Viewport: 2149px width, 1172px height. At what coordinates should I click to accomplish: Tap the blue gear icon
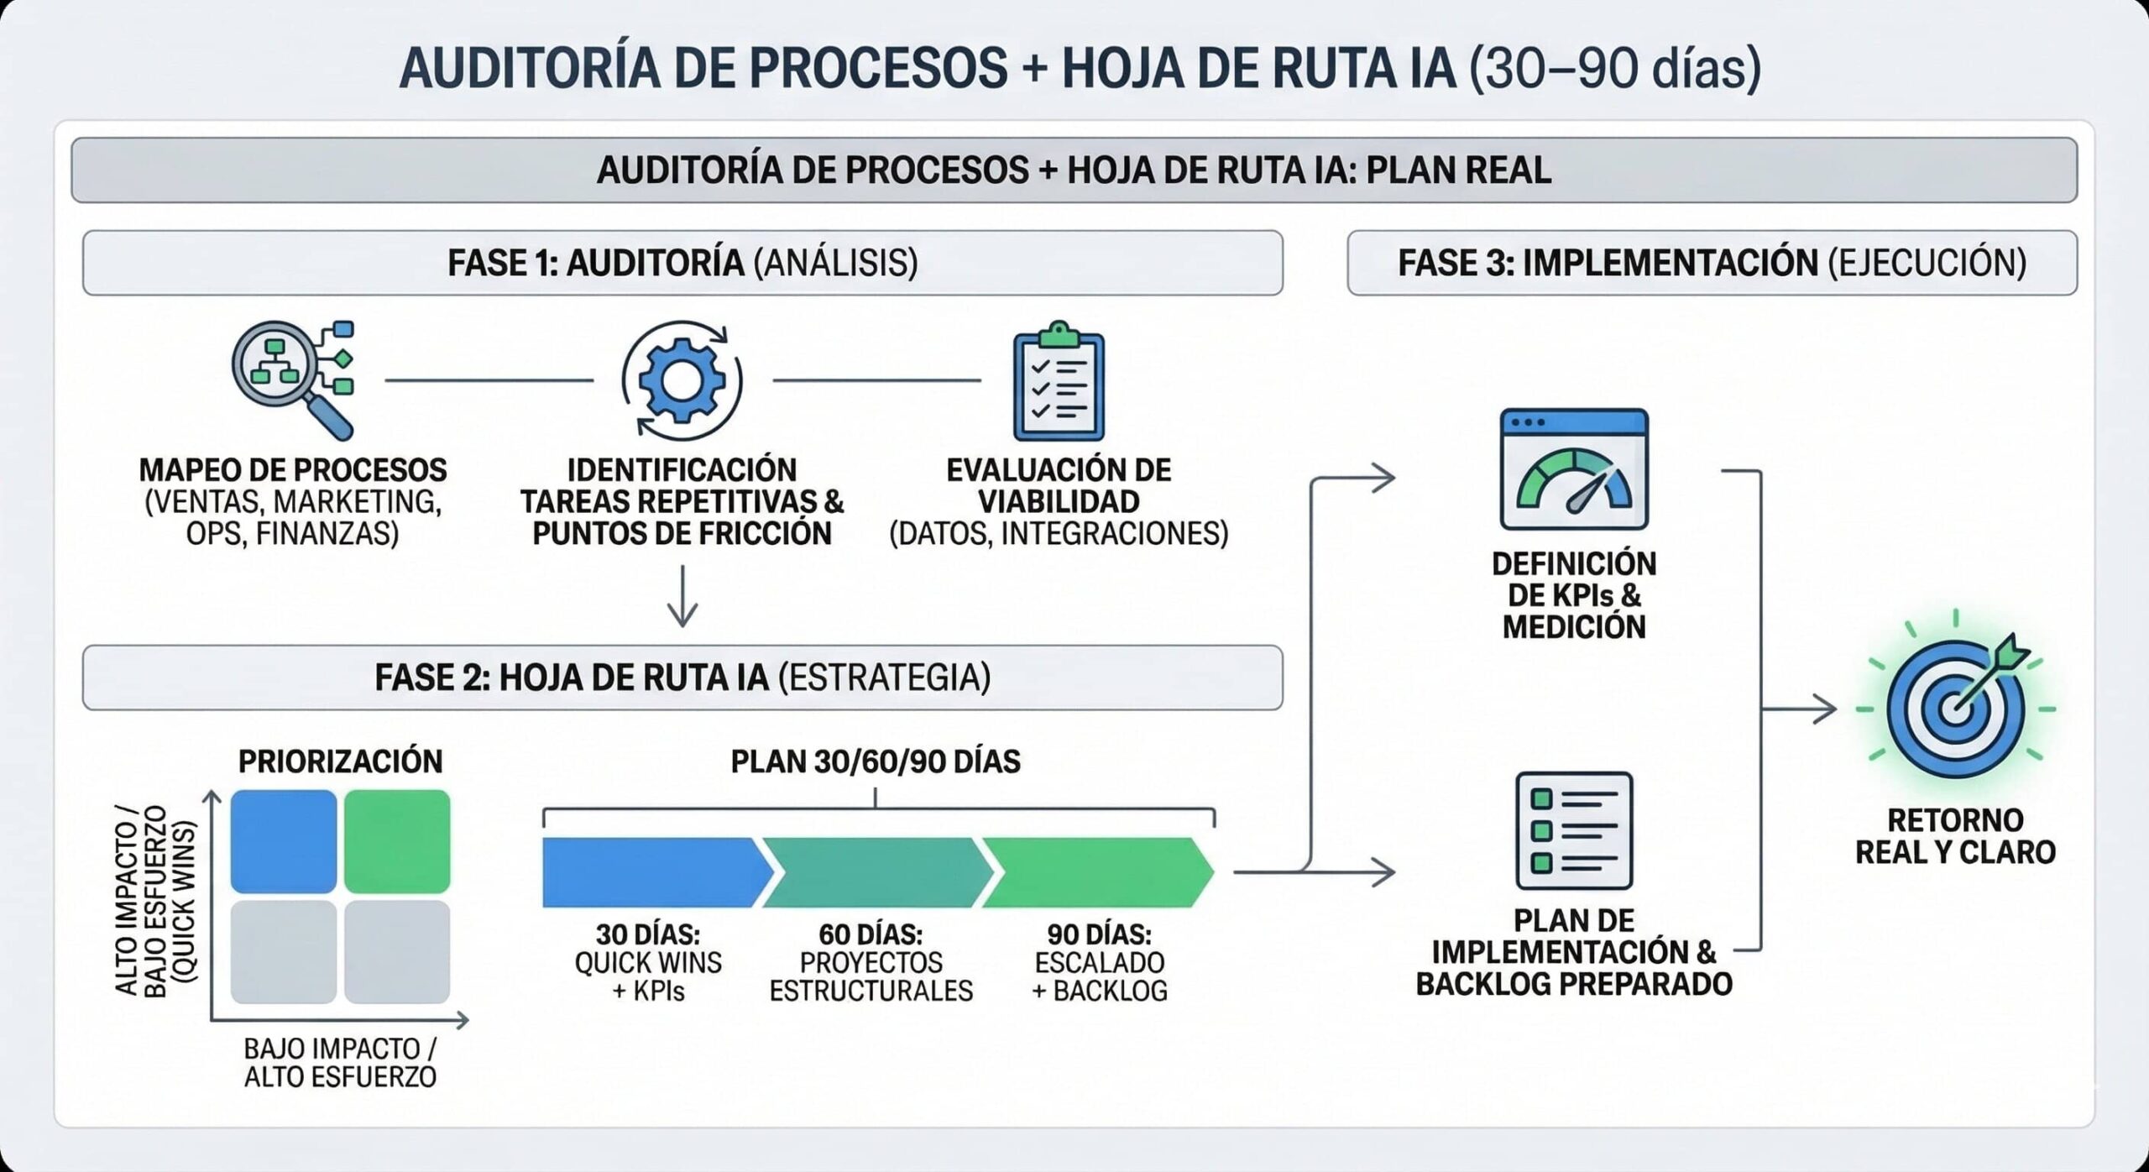(682, 380)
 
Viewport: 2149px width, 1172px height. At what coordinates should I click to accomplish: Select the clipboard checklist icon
(1059, 381)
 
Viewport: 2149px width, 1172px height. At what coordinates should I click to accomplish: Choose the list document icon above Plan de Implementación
(1574, 830)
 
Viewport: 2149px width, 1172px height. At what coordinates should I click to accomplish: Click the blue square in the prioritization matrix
(284, 840)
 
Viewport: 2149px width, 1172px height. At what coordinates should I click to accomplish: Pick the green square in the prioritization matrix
(397, 840)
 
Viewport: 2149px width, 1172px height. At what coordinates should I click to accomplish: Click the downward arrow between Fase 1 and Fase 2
(682, 598)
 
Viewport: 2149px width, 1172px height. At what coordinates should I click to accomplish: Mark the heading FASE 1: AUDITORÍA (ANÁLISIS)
(682, 263)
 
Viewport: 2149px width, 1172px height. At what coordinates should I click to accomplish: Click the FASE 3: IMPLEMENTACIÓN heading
(1712, 263)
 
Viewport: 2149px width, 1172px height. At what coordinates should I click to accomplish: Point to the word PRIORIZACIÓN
(340, 761)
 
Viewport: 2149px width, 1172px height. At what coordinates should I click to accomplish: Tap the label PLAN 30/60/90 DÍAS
(876, 761)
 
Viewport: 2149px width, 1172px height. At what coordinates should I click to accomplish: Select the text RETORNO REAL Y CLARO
(1955, 835)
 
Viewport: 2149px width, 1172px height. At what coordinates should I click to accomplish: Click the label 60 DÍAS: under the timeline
(871, 934)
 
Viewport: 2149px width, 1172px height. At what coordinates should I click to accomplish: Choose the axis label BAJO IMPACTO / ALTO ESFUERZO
(340, 1062)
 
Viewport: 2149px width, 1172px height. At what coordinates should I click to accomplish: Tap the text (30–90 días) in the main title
(1614, 68)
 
